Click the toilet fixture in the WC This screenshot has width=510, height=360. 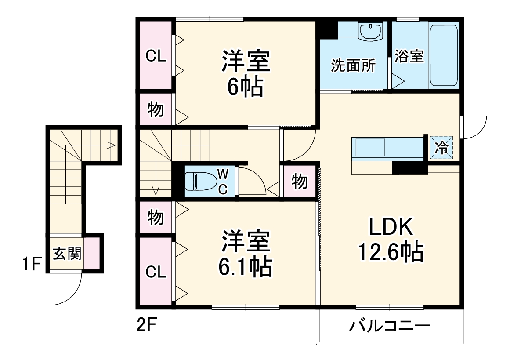click(200, 181)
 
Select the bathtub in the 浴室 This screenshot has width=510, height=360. click(444, 55)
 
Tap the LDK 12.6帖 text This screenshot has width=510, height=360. click(391, 240)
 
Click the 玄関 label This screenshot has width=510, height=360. click(67, 254)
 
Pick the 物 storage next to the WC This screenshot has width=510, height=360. click(300, 181)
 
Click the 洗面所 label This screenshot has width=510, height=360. click(353, 66)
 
